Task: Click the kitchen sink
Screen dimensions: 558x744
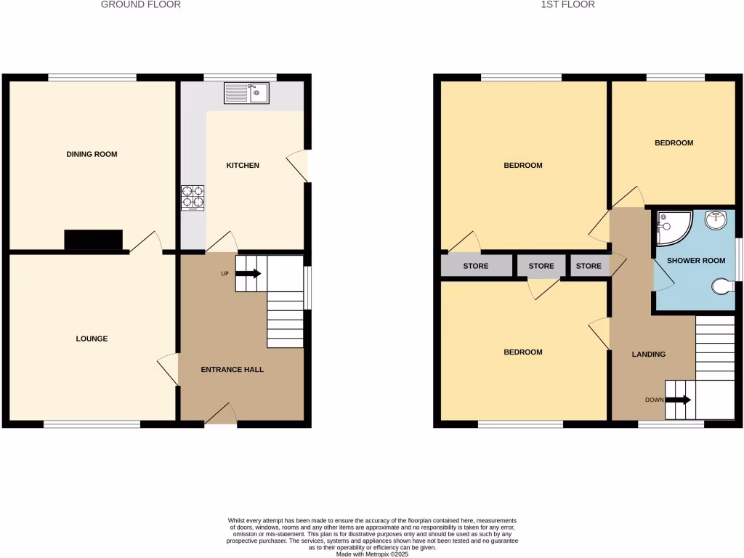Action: pyautogui.click(x=246, y=92)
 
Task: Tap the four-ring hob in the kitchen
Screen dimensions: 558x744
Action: pyautogui.click(x=193, y=197)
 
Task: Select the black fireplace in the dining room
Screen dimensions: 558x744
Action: pyautogui.click(x=94, y=240)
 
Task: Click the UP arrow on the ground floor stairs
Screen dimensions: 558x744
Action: pyautogui.click(x=248, y=274)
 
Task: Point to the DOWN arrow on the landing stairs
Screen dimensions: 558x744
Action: pyautogui.click(x=678, y=400)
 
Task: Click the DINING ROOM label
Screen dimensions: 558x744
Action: pyautogui.click(x=92, y=154)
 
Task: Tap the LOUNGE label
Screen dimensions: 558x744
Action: pyautogui.click(x=92, y=339)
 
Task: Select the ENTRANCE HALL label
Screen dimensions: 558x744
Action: pyautogui.click(x=232, y=370)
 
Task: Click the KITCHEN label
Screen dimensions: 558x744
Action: pyautogui.click(x=243, y=166)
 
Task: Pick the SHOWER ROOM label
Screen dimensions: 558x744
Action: pyautogui.click(x=696, y=261)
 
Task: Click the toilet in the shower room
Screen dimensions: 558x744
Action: pyautogui.click(x=721, y=288)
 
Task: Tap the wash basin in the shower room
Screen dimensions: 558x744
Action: pyautogui.click(x=716, y=219)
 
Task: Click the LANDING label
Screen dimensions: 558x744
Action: pyautogui.click(x=648, y=355)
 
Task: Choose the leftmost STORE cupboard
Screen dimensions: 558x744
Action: pyautogui.click(x=476, y=266)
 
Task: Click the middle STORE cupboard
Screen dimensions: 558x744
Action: pyautogui.click(x=541, y=266)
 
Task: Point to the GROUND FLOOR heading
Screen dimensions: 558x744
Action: pyautogui.click(x=141, y=4)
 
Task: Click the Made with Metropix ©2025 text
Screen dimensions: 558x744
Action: pyautogui.click(x=372, y=554)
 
